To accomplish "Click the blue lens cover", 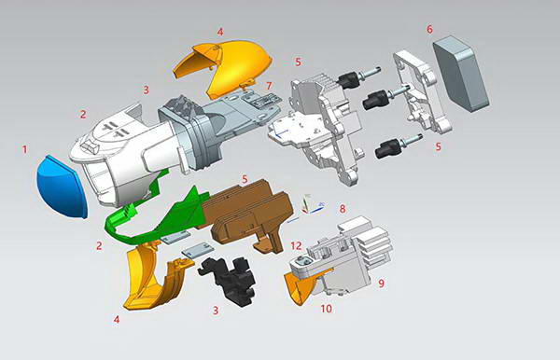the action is [62, 187].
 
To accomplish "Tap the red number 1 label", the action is [24, 149].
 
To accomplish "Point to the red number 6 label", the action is [429, 29].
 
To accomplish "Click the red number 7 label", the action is [270, 86].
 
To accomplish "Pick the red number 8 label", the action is [343, 209].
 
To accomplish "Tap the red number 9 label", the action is [382, 284].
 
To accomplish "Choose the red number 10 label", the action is [326, 309].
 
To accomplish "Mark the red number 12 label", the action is [296, 246].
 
